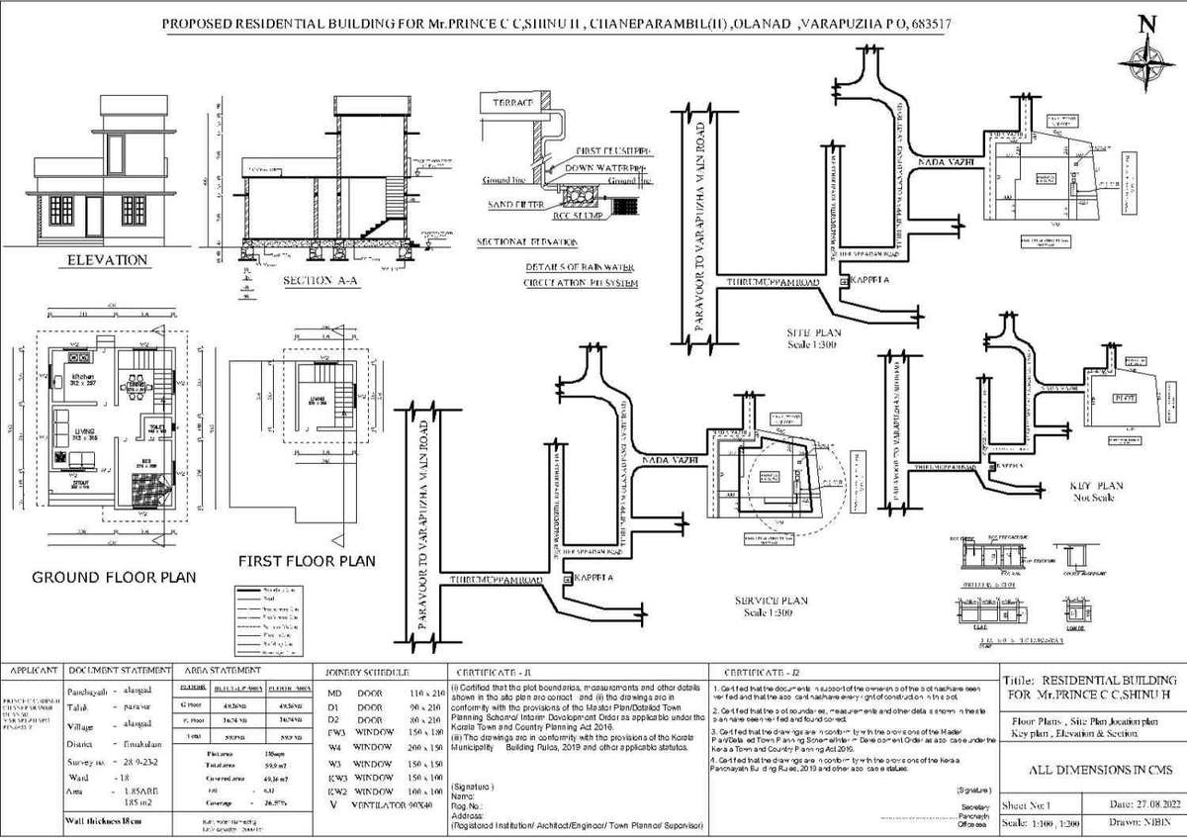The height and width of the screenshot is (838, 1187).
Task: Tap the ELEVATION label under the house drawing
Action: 107,260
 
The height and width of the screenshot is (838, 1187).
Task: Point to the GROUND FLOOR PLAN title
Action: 114,577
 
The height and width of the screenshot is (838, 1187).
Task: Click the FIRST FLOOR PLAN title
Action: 307,561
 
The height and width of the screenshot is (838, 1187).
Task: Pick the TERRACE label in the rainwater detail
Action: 509,103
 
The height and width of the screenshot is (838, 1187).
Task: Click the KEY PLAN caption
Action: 1098,486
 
